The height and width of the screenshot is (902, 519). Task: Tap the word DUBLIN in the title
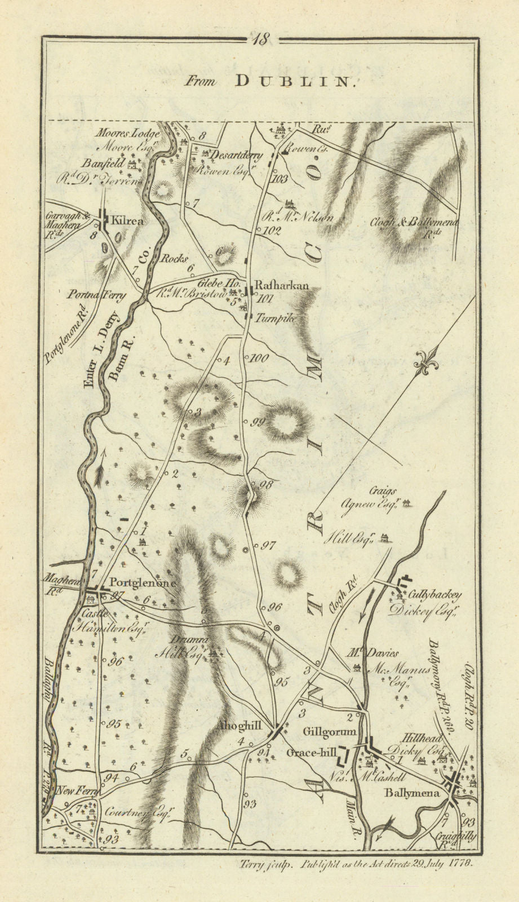coord(295,82)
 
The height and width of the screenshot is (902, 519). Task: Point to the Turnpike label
coord(276,319)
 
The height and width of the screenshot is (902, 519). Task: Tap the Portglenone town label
coord(143,583)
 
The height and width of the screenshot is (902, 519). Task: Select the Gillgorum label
coord(330,732)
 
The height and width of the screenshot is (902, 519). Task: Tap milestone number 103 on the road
coord(278,180)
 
